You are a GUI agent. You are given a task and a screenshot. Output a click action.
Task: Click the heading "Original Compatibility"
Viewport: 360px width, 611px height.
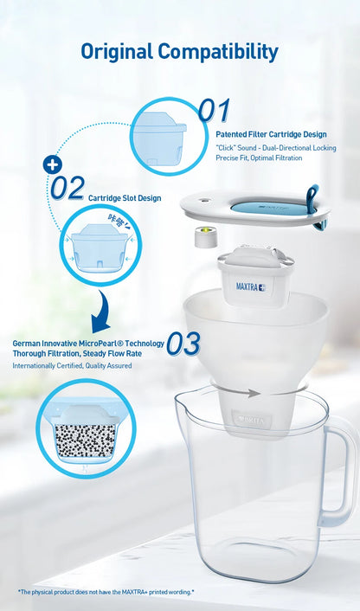pos(180,51)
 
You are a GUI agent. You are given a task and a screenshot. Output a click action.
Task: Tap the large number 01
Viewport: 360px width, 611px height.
pos(214,111)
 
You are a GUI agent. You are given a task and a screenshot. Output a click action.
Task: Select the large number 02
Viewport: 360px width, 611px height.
pos(67,188)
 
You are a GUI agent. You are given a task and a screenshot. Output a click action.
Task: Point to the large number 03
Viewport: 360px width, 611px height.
pos(183,344)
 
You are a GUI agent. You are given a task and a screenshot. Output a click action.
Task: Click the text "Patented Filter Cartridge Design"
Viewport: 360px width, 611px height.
pos(271,134)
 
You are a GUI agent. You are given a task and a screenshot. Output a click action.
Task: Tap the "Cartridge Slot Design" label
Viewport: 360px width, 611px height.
pos(125,198)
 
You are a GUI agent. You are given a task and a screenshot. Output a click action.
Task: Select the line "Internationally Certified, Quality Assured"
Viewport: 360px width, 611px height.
pos(73,366)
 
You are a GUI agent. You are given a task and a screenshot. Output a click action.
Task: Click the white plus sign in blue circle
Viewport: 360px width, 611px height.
pos(53,164)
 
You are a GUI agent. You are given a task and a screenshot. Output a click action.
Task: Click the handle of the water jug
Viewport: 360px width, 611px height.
pos(339,476)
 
